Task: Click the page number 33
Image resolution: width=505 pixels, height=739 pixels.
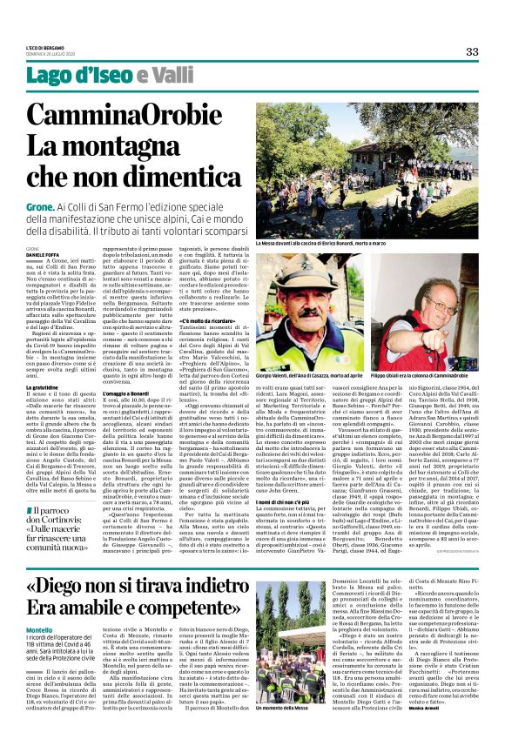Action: [x=471, y=51]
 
